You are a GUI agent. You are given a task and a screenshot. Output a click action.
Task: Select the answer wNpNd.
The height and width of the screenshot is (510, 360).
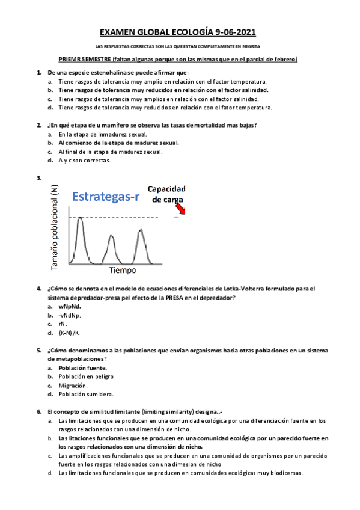(x=69, y=306)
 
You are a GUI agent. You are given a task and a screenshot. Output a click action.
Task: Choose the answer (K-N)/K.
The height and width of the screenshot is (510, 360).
(x=69, y=333)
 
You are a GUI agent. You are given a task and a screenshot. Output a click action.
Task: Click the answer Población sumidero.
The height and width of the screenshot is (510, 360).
(x=86, y=394)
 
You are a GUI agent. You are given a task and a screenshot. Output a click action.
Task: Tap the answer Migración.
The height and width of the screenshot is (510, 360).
(x=73, y=385)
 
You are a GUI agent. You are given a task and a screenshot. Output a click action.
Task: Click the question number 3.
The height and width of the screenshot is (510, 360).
(x=39, y=177)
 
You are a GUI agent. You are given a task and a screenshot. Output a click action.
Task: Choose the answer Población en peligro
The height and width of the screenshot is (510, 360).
(x=86, y=376)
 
